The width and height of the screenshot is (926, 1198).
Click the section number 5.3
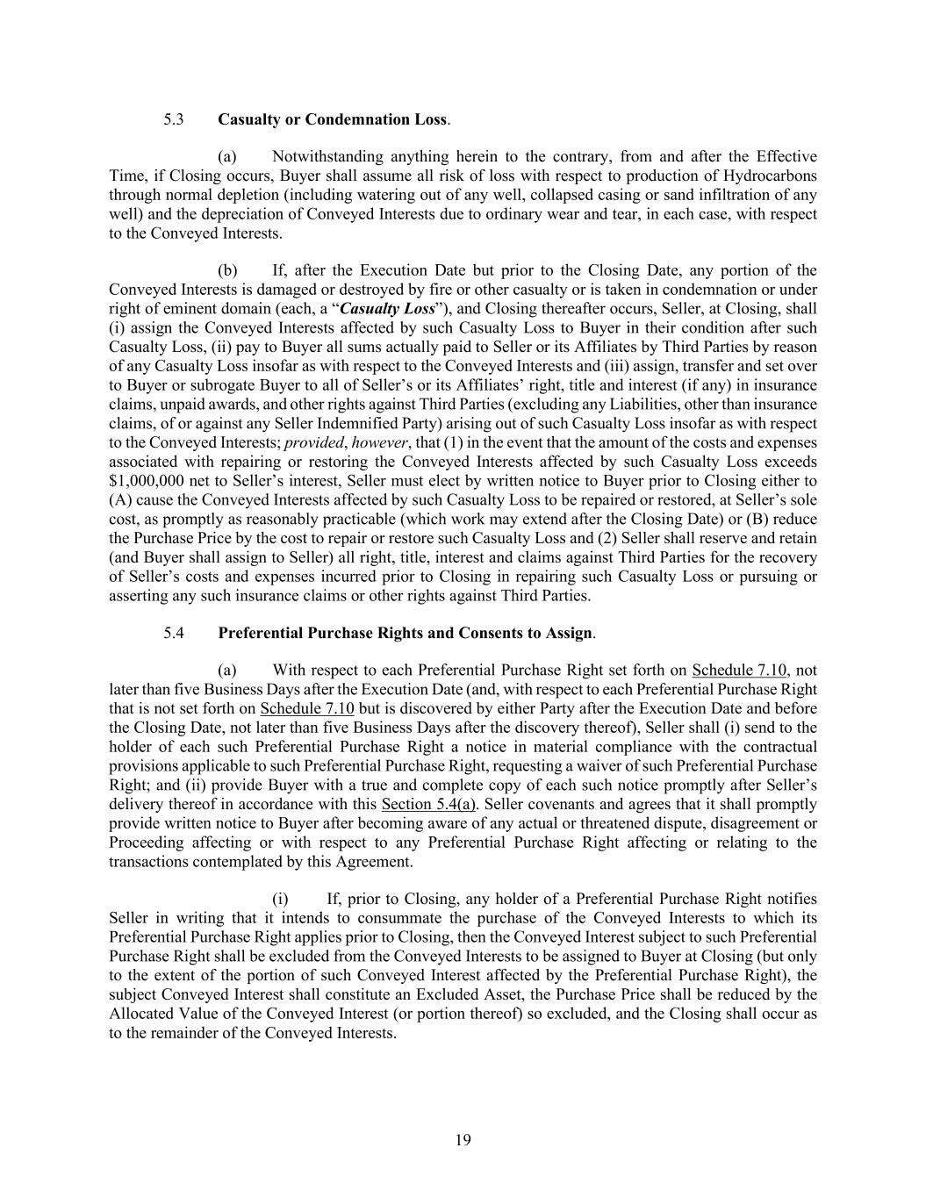(173, 119)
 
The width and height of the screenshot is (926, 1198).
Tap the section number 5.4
(173, 633)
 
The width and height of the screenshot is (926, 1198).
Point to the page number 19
(463, 1140)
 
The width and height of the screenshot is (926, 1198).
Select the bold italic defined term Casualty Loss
(387, 309)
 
